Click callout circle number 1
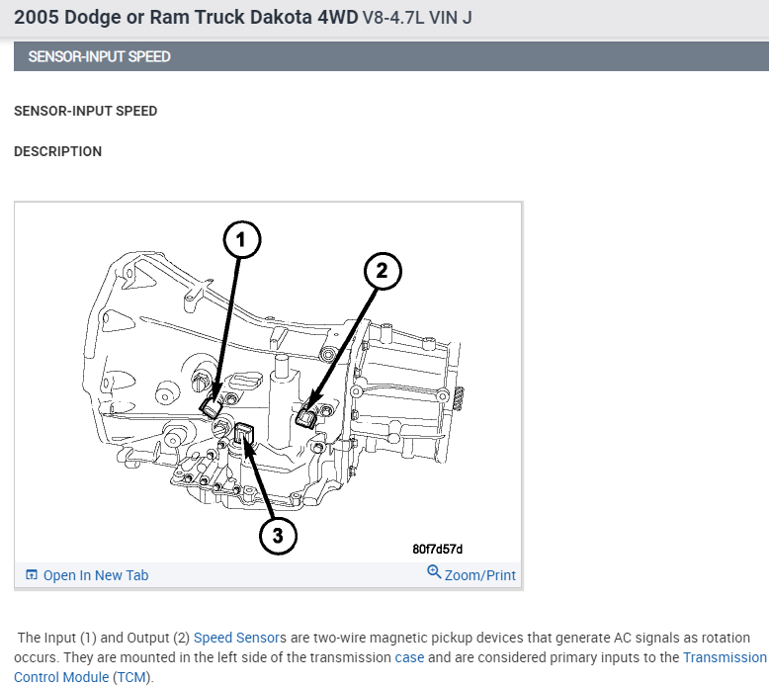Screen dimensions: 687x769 click(x=241, y=239)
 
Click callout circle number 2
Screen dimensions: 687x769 click(x=384, y=271)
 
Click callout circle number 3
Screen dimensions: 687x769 click(x=278, y=535)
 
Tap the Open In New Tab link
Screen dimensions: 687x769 click(x=96, y=575)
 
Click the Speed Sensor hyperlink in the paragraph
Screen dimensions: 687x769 click(x=236, y=638)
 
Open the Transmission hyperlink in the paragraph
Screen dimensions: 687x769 click(x=725, y=657)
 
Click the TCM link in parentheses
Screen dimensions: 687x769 click(x=128, y=677)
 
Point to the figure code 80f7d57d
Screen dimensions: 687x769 click(x=438, y=550)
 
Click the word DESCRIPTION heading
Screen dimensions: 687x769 click(x=57, y=152)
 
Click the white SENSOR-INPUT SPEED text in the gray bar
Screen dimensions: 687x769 click(x=99, y=57)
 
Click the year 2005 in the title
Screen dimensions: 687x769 click(x=36, y=18)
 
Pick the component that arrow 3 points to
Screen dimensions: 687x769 click(x=245, y=433)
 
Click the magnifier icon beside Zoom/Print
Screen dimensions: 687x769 click(x=433, y=573)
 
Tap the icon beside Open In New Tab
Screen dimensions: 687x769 click(x=32, y=575)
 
